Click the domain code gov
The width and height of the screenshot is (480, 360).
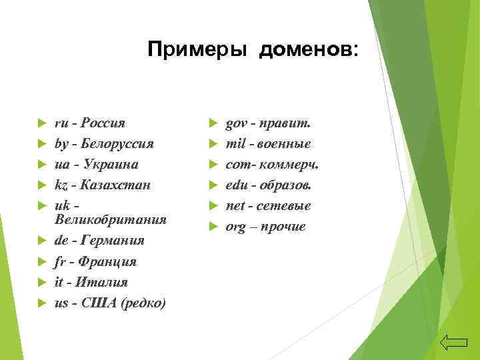(x=237, y=123)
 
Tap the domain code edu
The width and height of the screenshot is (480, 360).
(x=237, y=185)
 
